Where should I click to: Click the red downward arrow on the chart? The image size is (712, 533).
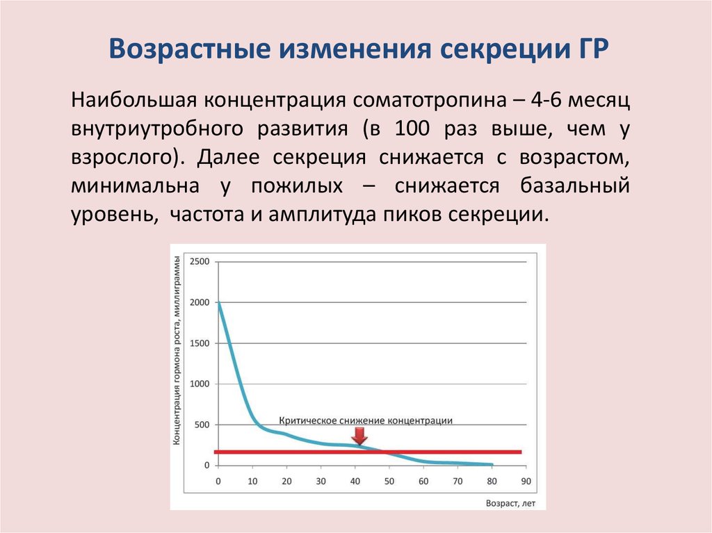click(359, 437)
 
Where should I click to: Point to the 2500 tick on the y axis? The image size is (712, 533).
click(200, 261)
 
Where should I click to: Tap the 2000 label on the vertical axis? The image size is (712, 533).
click(200, 302)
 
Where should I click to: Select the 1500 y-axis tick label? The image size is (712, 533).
click(200, 343)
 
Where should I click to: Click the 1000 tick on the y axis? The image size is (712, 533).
click(200, 384)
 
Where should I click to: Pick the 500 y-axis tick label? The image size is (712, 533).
click(202, 425)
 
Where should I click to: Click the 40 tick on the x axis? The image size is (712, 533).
click(355, 482)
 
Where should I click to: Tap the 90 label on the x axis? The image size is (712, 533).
click(526, 482)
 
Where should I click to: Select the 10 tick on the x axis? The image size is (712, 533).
click(252, 482)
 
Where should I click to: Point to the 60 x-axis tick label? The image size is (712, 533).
click(423, 482)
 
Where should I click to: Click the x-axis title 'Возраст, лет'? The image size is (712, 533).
click(510, 503)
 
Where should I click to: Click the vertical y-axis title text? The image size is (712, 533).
click(177, 350)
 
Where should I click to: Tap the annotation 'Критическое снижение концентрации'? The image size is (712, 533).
click(366, 420)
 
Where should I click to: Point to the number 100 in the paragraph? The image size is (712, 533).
click(412, 129)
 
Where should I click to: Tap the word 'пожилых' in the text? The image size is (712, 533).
click(297, 186)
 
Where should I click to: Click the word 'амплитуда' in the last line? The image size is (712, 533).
click(322, 215)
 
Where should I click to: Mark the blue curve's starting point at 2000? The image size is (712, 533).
click(218, 302)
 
